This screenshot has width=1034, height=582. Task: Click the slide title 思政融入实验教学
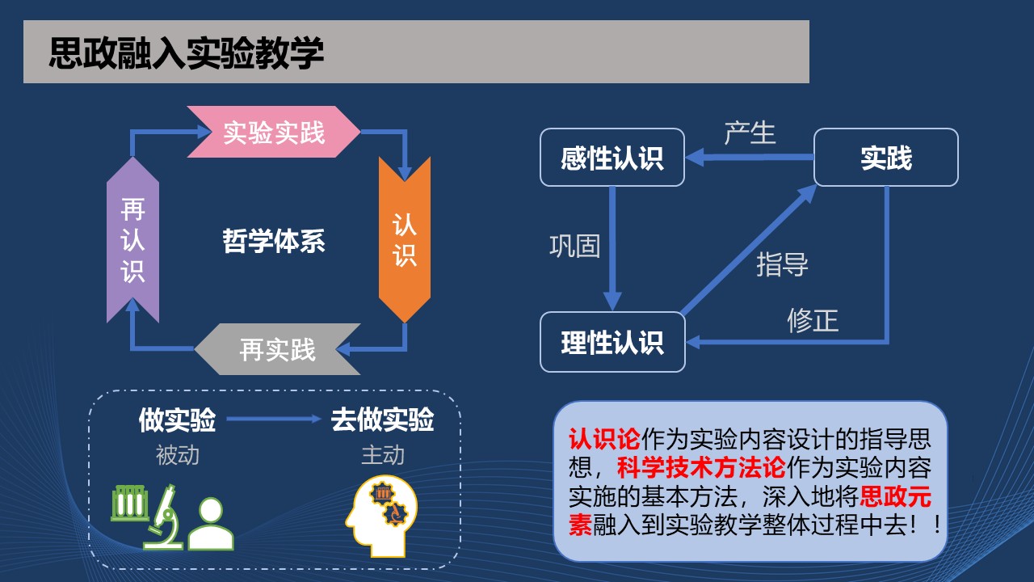coord(187,53)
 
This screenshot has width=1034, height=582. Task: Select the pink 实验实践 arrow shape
coord(274,132)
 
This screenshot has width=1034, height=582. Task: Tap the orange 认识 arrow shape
coord(405,239)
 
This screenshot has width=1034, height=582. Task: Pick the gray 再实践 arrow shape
coord(277,348)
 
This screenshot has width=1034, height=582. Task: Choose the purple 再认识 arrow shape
coord(133,240)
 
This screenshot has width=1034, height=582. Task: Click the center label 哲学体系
coord(274,241)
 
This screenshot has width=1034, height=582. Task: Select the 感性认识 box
coord(612,158)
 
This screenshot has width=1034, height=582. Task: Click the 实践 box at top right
coord(886,158)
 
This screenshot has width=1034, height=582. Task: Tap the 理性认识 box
coord(612,342)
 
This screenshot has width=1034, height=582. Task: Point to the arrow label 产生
coord(750,133)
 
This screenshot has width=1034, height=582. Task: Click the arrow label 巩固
coord(575,246)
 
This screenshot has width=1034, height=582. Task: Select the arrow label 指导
coord(782,264)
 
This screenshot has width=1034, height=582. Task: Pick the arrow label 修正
coord(813,321)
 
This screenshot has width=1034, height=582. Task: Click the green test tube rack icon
coord(130,503)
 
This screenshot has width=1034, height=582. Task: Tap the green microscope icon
coord(163,517)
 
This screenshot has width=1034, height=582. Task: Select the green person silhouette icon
coord(211,524)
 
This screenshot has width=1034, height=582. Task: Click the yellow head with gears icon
coord(381,516)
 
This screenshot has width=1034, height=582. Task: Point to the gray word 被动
coord(177,455)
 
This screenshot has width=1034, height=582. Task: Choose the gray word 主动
coord(383,455)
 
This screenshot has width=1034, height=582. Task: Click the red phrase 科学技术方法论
coord(701,468)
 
